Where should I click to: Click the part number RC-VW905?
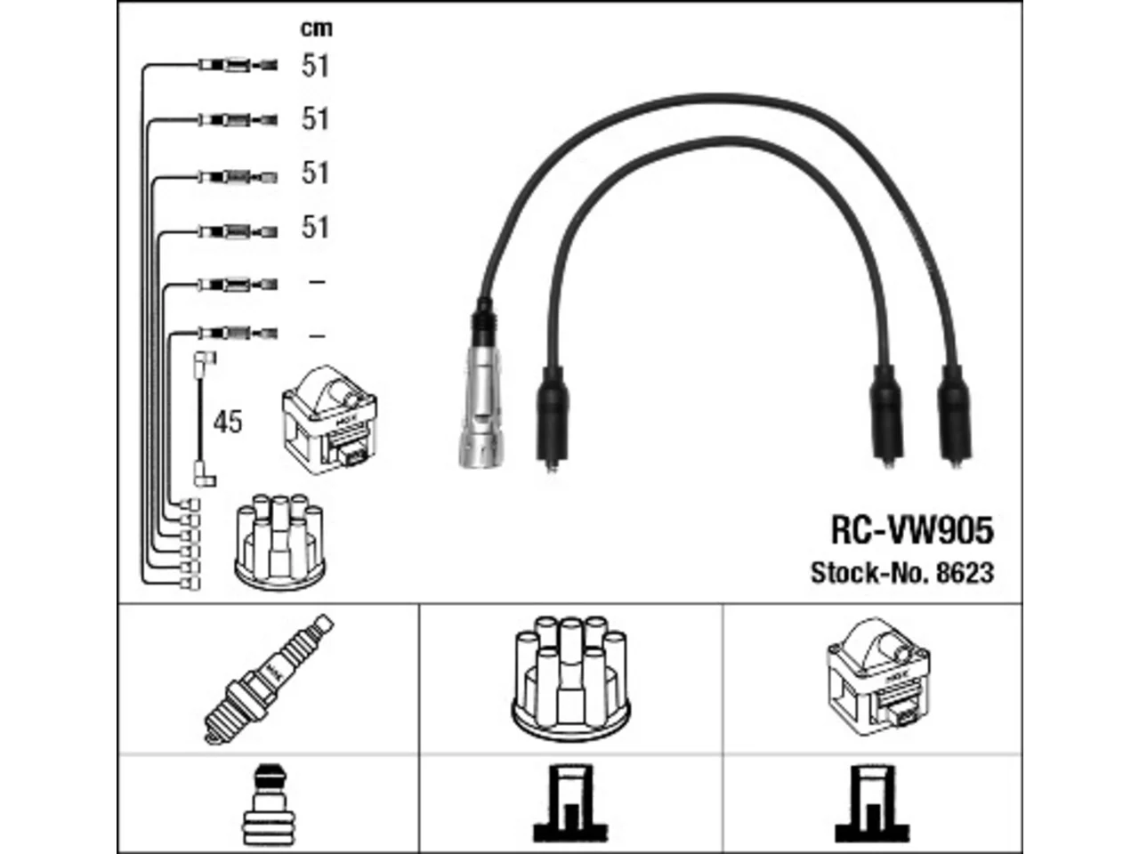[x=912, y=530]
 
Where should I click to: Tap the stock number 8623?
[x=965, y=573]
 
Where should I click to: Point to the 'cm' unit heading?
[x=316, y=28]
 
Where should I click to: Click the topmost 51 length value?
[x=315, y=66]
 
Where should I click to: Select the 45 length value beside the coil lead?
[x=228, y=422]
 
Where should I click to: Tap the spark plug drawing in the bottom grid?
[x=268, y=680]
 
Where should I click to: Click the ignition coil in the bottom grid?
[x=878, y=677]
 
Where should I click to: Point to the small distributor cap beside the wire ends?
[x=280, y=542]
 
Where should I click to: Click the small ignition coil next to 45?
[x=329, y=420]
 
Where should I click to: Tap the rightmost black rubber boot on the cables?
[x=954, y=414]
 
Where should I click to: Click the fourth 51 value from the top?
[x=315, y=228]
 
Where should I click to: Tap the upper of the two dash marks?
[x=317, y=282]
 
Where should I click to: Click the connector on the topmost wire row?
[x=238, y=65]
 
